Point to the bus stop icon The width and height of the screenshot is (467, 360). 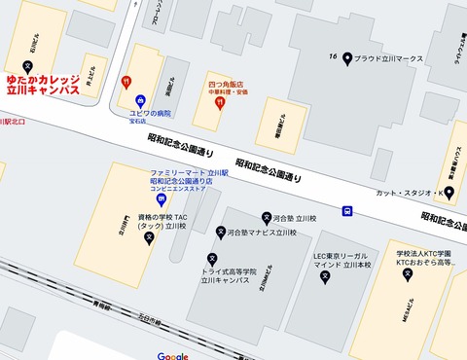click(x=347, y=210)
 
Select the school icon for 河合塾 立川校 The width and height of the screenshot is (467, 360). click(x=266, y=219)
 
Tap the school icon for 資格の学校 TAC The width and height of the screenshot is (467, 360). click(x=149, y=236)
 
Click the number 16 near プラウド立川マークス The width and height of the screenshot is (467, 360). click(x=334, y=57)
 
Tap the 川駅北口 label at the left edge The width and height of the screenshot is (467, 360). click(x=12, y=122)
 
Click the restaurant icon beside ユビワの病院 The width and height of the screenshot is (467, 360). click(x=125, y=82)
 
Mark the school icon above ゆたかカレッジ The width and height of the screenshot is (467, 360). click(x=40, y=64)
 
